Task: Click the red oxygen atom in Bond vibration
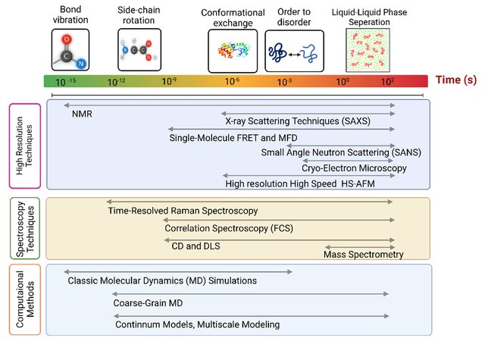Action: click(x=67, y=39)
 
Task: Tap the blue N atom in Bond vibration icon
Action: click(x=81, y=64)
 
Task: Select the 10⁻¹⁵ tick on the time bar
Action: click(x=66, y=82)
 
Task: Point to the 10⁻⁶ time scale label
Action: click(x=232, y=81)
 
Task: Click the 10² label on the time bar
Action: click(x=387, y=81)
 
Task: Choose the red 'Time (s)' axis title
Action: click(x=456, y=80)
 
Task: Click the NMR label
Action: click(x=82, y=114)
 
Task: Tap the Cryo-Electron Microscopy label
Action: click(x=354, y=168)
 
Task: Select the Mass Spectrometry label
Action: click(x=364, y=255)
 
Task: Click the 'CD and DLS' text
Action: click(x=196, y=246)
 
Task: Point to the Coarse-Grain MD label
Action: click(x=148, y=303)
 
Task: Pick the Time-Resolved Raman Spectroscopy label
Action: click(x=183, y=211)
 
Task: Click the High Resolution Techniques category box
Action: click(x=25, y=146)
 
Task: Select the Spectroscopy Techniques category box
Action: click(x=25, y=228)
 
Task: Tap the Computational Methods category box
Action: click(x=25, y=299)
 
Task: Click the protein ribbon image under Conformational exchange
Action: click(x=233, y=51)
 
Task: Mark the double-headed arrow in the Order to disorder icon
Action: click(x=295, y=55)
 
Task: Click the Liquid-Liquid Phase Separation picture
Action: click(x=368, y=50)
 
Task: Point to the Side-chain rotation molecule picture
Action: click(x=139, y=50)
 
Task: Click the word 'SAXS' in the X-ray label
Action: click(x=356, y=121)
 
